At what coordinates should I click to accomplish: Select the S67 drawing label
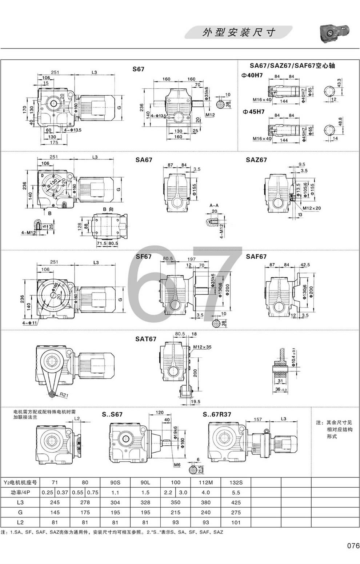(x=138, y=69)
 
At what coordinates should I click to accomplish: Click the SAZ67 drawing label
(x=256, y=160)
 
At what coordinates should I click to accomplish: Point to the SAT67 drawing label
(x=146, y=339)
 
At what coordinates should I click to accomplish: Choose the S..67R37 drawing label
(x=217, y=414)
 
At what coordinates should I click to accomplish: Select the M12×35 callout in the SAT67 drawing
(x=202, y=347)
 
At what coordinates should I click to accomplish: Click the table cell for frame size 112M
(x=205, y=482)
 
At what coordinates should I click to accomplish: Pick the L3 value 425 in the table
(x=236, y=503)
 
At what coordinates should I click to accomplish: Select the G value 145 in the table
(x=55, y=512)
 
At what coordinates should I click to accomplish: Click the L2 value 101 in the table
(x=236, y=522)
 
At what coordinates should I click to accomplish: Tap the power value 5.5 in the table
(x=236, y=492)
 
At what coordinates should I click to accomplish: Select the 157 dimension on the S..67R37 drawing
(x=257, y=419)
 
